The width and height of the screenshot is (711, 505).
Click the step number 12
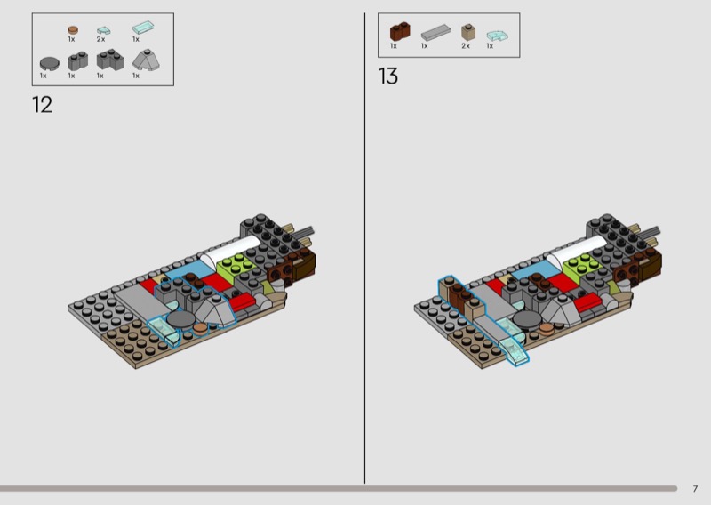pyautogui.click(x=42, y=105)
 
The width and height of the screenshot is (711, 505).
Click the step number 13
pyautogui.click(x=388, y=76)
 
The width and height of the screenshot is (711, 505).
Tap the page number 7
pyautogui.click(x=695, y=489)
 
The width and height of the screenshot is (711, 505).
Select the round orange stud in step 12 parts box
pyautogui.click(x=73, y=30)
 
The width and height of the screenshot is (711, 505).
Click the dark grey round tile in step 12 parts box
pyautogui.click(x=50, y=64)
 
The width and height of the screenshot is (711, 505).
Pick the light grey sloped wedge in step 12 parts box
pyautogui.click(x=146, y=60)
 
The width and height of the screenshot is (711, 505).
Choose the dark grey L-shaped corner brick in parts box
pyautogui.click(x=109, y=60)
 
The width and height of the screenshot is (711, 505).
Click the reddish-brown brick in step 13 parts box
pyautogui.click(x=400, y=32)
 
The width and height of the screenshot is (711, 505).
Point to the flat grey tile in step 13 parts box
pyautogui.click(x=435, y=33)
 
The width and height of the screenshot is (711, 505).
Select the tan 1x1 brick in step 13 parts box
pyautogui.click(x=468, y=32)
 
